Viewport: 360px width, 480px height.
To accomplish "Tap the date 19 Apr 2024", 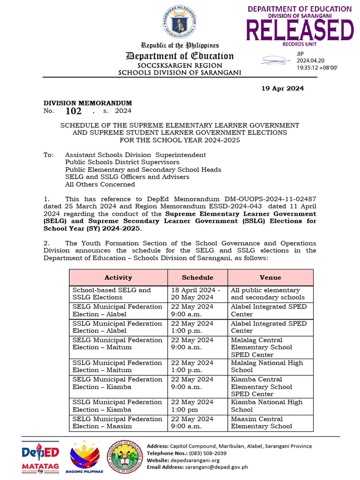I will [282, 88].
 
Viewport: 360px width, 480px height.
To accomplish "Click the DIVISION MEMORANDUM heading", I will [88, 103].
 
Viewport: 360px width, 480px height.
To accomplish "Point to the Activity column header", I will [118, 277].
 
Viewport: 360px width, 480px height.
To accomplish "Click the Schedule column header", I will [197, 277].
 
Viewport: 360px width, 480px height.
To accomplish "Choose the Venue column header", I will [270, 277].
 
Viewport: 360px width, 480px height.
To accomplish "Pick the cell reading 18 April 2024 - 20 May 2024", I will [192, 294].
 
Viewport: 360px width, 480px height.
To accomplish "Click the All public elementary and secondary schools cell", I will [268, 294].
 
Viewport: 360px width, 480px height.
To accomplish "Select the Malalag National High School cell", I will [267, 367].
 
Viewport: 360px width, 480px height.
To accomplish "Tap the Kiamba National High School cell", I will [267, 406].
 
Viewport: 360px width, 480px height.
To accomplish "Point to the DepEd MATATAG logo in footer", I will [40, 457].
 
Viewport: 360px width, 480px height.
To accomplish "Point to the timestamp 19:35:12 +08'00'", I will [317, 67].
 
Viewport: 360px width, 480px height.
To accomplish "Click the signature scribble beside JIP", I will [277, 60].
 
